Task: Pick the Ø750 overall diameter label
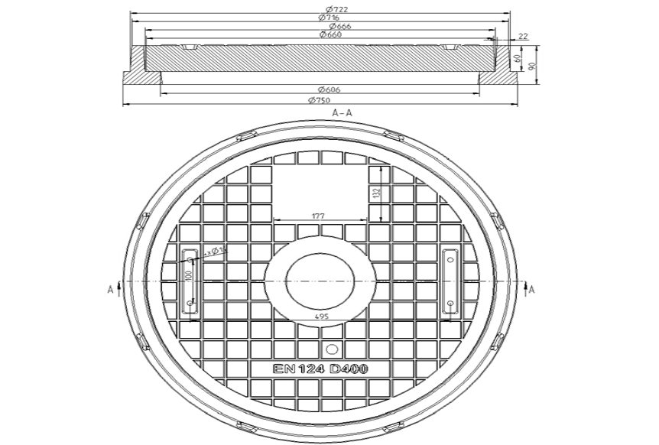click(x=318, y=100)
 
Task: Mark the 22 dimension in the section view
click(x=523, y=36)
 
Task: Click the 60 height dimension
click(x=518, y=58)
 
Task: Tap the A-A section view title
click(x=342, y=112)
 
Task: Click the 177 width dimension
click(x=317, y=216)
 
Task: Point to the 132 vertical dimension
click(x=376, y=193)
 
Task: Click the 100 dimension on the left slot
click(x=187, y=274)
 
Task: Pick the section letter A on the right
click(x=532, y=289)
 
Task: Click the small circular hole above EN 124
click(x=331, y=349)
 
